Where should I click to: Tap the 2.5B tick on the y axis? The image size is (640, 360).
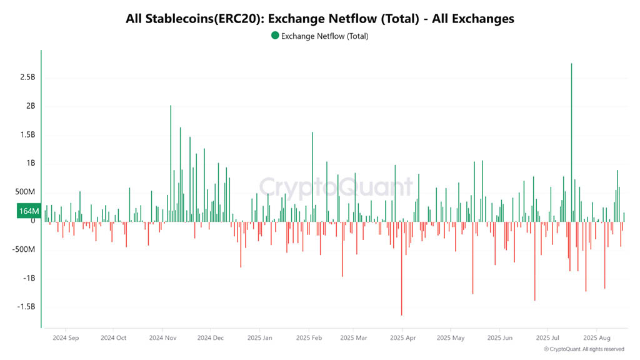click(x=27, y=77)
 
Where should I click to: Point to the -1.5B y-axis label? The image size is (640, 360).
click(x=25, y=307)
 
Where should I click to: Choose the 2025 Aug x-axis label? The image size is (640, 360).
click(x=597, y=338)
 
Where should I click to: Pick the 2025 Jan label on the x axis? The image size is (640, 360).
click(x=259, y=338)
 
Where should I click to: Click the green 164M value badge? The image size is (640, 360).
click(x=29, y=211)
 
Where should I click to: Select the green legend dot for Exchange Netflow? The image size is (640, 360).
click(x=276, y=36)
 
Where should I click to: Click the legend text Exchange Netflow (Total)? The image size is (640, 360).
click(x=325, y=36)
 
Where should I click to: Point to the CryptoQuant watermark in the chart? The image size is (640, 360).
click(x=336, y=187)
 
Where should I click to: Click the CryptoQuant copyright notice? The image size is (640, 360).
click(x=584, y=349)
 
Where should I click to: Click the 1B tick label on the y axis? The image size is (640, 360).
click(x=30, y=163)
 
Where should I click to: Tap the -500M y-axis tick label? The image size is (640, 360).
click(x=23, y=249)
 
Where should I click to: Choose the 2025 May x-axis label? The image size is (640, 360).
click(x=451, y=338)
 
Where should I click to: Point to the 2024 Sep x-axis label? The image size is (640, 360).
click(x=65, y=338)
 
